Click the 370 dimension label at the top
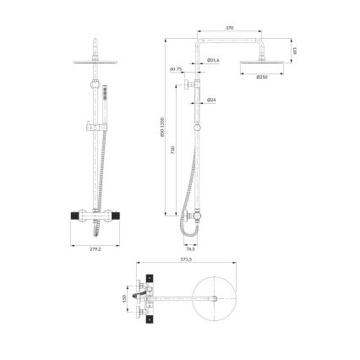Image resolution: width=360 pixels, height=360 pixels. (230, 29)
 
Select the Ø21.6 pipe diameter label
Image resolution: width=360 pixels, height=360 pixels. (214, 60)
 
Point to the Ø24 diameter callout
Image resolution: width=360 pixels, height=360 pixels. (211, 101)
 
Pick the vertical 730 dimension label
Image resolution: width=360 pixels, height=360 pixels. (173, 150)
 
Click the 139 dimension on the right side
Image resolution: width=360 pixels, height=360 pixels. (293, 51)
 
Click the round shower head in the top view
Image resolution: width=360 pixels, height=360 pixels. (222, 298)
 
